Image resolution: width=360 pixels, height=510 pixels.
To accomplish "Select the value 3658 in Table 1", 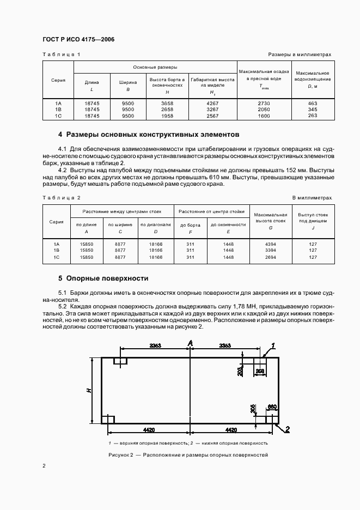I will point(160,102).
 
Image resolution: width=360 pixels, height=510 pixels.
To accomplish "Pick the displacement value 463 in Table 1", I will point(312,102).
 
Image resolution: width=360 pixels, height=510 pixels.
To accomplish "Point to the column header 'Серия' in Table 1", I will point(58,80).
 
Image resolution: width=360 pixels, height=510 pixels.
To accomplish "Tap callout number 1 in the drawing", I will point(273,344).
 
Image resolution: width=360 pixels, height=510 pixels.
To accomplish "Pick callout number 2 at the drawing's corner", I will point(288,428).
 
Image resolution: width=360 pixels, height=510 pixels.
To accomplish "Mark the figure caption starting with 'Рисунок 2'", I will point(188,456).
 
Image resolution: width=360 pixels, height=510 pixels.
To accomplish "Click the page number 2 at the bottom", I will point(45,466).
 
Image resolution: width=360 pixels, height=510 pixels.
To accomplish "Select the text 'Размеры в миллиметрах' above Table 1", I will point(300,54).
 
